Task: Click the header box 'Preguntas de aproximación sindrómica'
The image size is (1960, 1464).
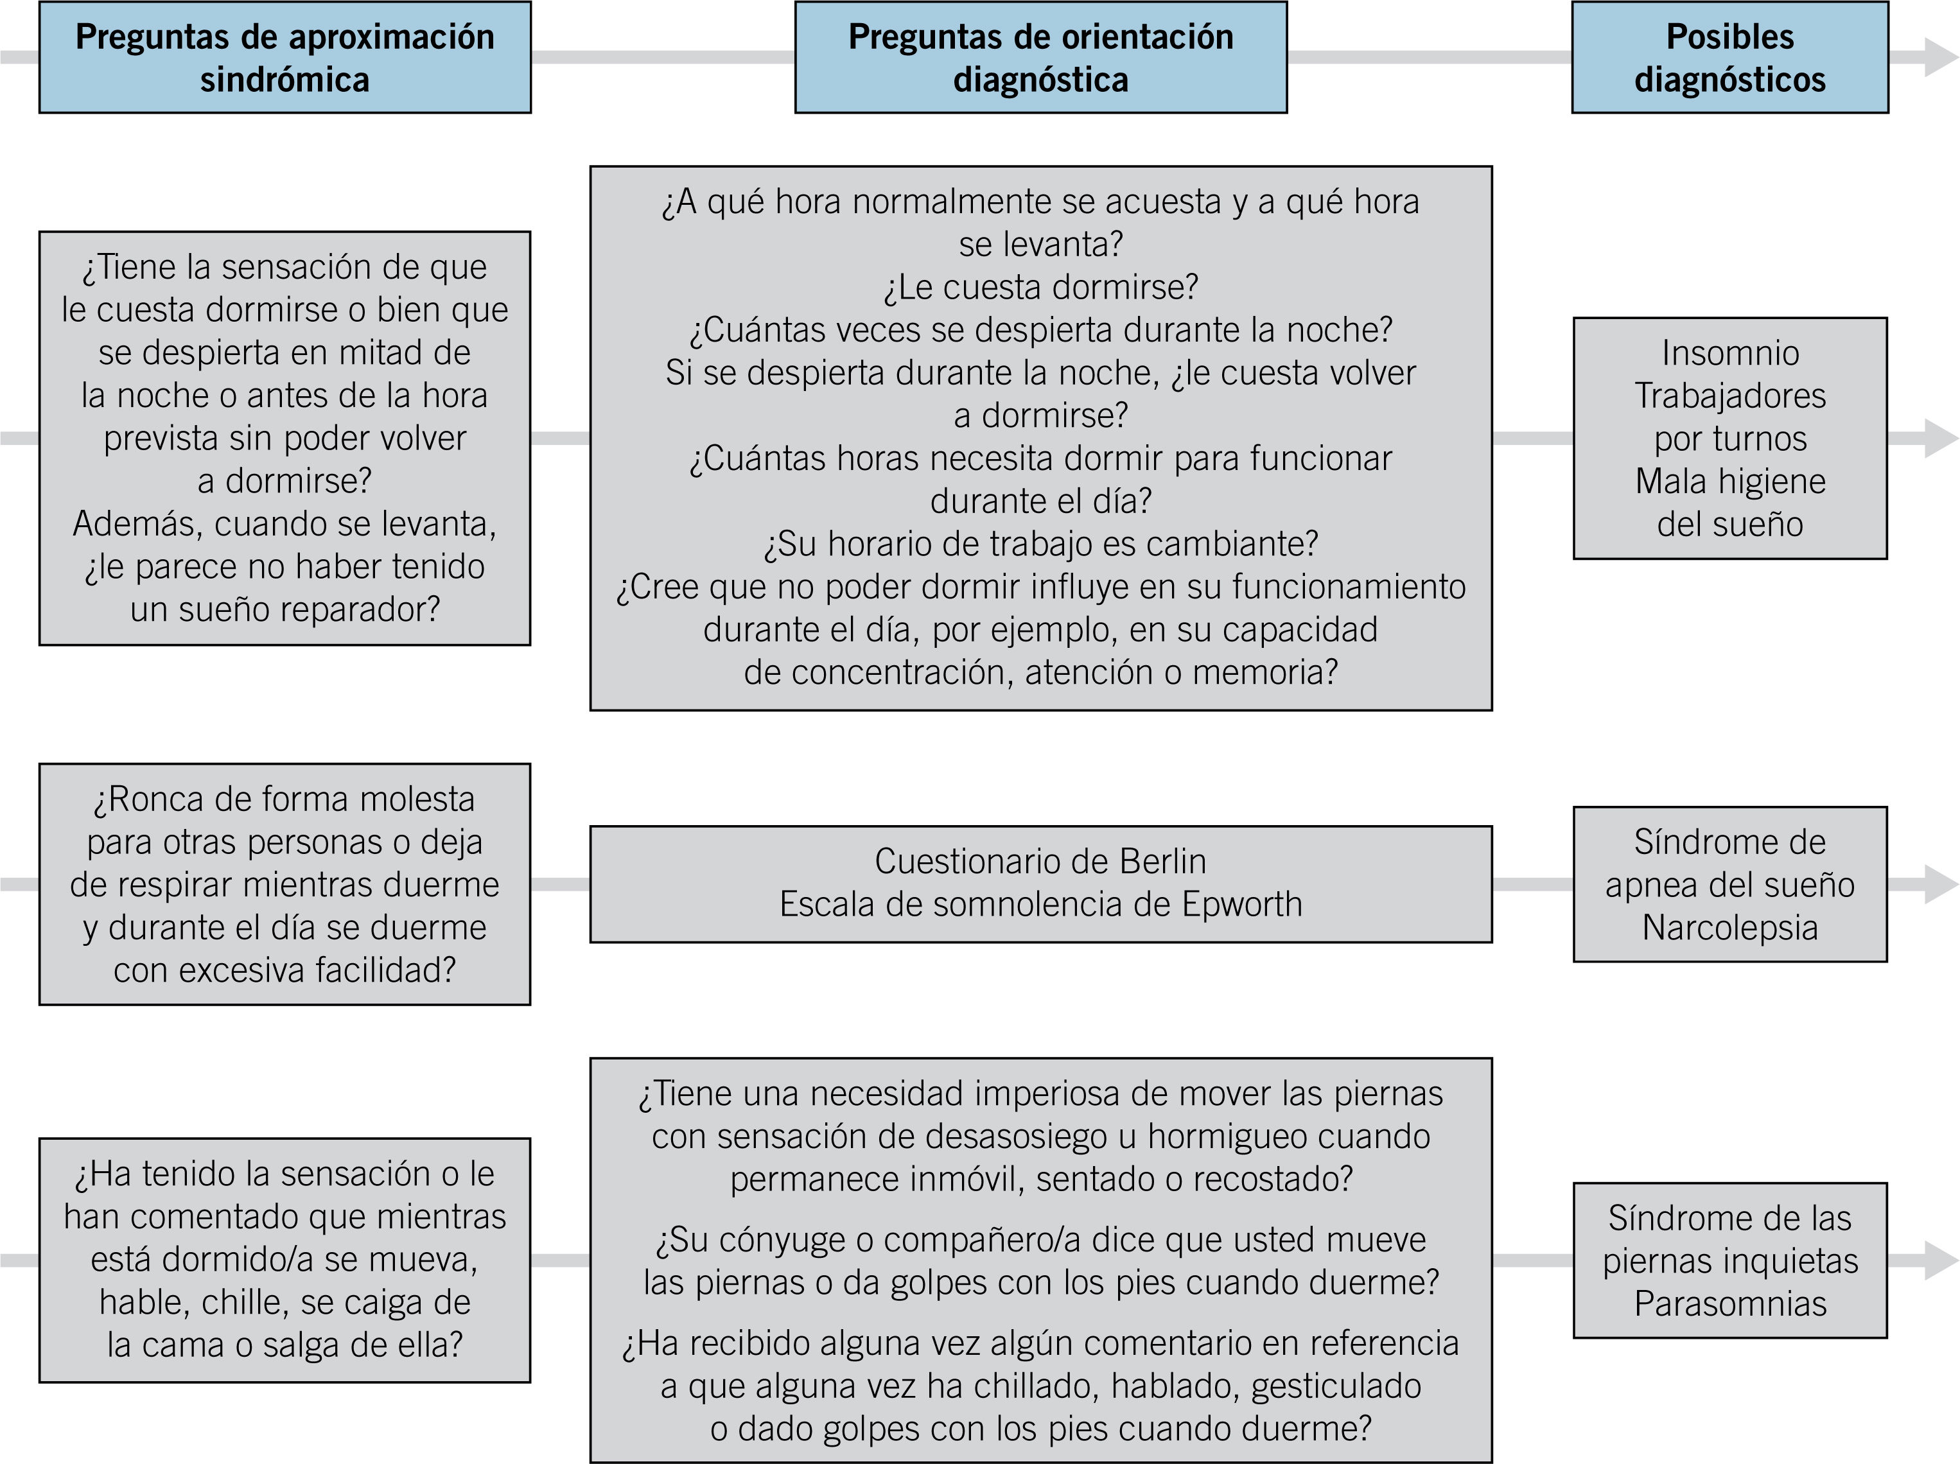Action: (x=284, y=58)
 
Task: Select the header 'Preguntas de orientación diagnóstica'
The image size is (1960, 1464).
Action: (x=1040, y=58)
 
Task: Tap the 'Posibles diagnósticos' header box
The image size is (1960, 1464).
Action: (x=1729, y=58)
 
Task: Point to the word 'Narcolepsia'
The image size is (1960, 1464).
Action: (x=1729, y=928)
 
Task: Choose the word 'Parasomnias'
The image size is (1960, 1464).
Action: (x=1729, y=1303)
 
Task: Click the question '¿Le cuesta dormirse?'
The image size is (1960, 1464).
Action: (x=1040, y=287)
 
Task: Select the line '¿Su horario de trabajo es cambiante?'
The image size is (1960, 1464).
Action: (x=1040, y=544)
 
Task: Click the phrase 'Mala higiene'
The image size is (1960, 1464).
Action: (x=1729, y=481)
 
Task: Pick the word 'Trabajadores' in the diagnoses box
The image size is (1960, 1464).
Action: (x=1729, y=396)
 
